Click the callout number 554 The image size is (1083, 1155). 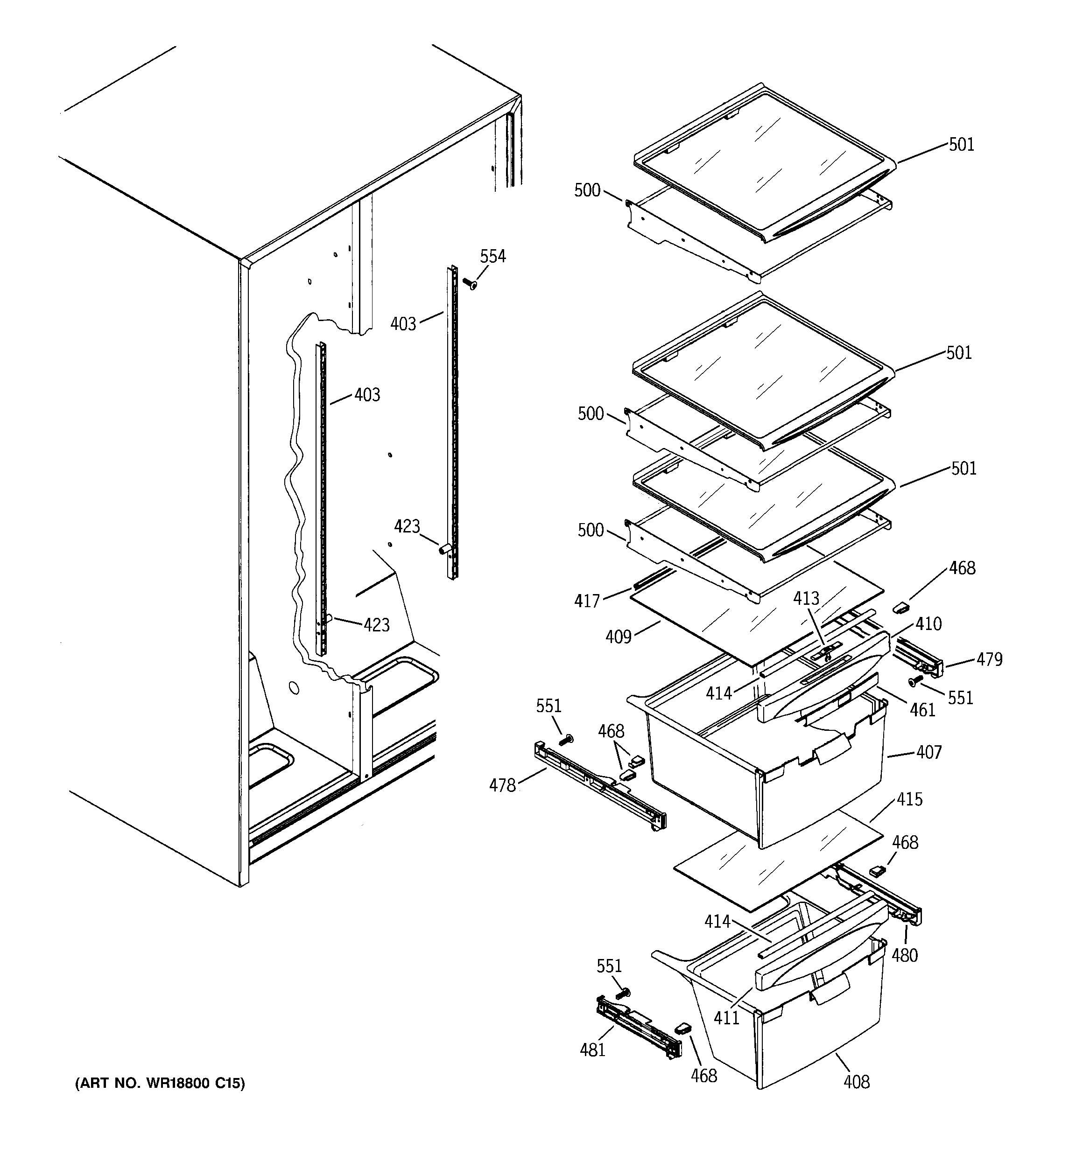492,256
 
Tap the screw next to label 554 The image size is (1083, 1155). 470,284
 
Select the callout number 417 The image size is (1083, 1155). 587,601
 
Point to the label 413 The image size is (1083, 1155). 806,598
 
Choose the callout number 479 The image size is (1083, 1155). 990,659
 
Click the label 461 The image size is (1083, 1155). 922,709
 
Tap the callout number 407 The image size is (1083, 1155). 928,752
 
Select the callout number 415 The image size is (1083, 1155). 909,799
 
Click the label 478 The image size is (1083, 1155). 502,785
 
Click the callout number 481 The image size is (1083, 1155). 592,1050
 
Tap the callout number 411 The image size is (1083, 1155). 726,1018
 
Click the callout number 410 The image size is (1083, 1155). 928,624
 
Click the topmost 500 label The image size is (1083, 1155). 587,190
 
